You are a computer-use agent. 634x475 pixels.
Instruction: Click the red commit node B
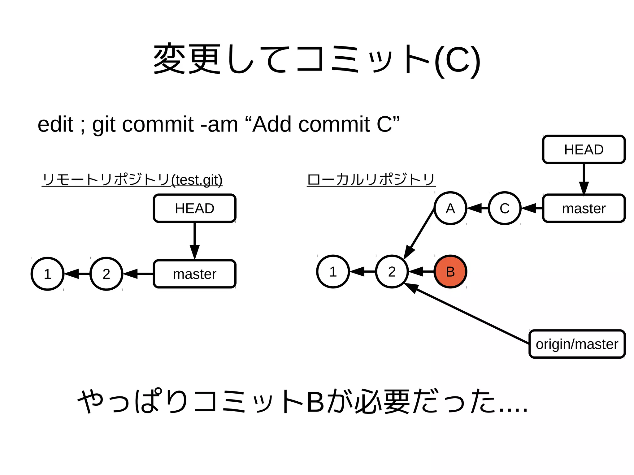(450, 272)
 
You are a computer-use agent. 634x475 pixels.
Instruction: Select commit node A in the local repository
(450, 208)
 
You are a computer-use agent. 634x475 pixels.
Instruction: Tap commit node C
(505, 208)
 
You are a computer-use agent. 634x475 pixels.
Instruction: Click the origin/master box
(577, 344)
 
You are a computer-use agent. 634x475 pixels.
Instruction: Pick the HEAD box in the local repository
(584, 149)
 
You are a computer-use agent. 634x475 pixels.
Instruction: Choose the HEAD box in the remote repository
(194, 208)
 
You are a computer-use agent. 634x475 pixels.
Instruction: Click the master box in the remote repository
(194, 274)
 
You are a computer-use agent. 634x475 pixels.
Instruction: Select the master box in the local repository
(584, 208)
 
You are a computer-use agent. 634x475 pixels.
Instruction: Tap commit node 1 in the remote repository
(47, 274)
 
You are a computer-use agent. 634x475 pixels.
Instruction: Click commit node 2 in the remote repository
(106, 274)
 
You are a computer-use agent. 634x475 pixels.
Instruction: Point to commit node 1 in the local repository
(333, 272)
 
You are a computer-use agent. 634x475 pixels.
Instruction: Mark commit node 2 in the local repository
(392, 272)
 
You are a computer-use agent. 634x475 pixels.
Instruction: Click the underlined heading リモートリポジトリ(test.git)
(132, 180)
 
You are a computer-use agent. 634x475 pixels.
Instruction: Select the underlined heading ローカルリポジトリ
(371, 180)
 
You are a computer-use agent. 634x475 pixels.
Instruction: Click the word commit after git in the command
(158, 124)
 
